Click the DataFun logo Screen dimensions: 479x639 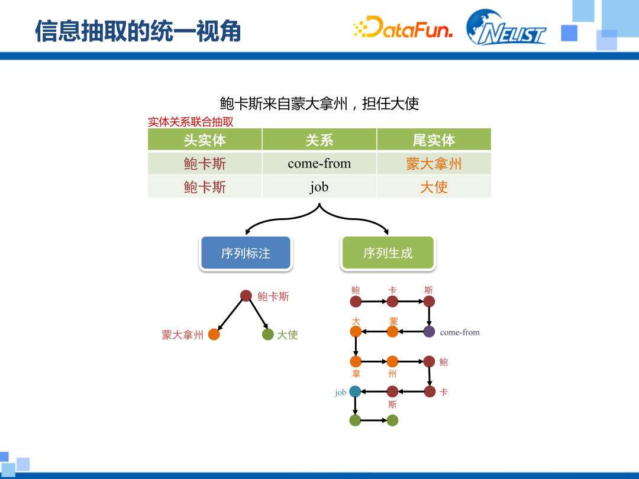403,28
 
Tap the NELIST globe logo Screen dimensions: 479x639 506,28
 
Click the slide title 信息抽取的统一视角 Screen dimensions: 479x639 138,31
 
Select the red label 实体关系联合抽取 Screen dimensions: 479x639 190,122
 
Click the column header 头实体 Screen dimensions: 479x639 205,140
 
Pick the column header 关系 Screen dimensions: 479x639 319,140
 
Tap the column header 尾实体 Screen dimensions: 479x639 434,140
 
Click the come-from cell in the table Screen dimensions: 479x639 319,164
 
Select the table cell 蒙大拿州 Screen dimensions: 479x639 434,164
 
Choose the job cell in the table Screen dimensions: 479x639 319,187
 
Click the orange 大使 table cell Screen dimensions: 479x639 434,187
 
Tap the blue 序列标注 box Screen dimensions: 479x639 246,253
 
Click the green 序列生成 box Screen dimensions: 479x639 388,253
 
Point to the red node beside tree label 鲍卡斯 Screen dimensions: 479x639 247,296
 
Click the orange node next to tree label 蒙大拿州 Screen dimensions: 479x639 214,335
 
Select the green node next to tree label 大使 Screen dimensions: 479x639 268,335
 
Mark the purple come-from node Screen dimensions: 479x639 429,332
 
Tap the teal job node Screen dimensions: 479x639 355,391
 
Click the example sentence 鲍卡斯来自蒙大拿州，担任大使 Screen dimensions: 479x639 319,103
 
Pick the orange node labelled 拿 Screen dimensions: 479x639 356,361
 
